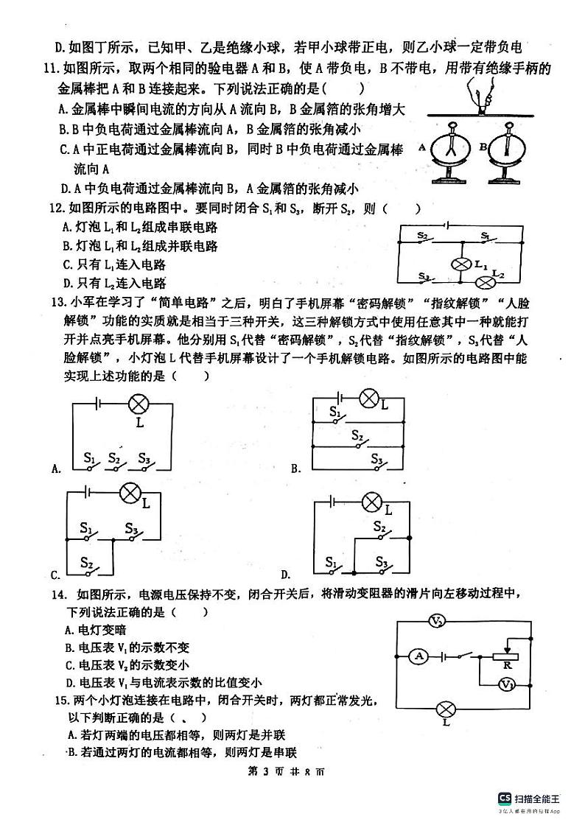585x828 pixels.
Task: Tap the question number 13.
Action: pos(55,301)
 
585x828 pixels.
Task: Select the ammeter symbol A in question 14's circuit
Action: pos(418,655)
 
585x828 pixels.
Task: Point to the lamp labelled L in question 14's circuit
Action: pos(445,710)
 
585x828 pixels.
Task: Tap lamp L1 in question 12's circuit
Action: pos(461,265)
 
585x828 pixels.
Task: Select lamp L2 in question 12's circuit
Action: pos(485,282)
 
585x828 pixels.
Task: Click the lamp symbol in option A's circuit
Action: pos(139,403)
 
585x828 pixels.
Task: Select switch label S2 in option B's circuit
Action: pos(357,435)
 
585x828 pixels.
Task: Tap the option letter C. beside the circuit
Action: pos(55,575)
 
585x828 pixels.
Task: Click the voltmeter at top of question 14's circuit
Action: pos(435,622)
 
